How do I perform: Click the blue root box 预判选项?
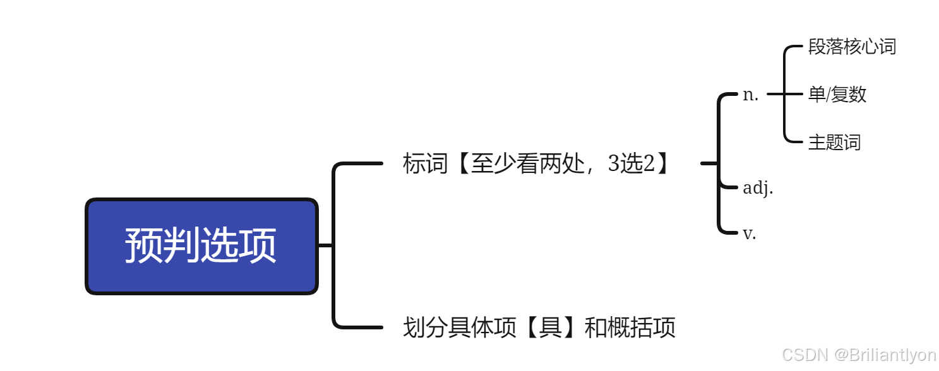pyautogui.click(x=201, y=246)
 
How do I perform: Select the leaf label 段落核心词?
pyautogui.click(x=852, y=47)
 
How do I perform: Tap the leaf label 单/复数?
pyautogui.click(x=837, y=95)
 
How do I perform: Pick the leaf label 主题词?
pyautogui.click(x=834, y=142)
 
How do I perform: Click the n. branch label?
pyautogui.click(x=750, y=95)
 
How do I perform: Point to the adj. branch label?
pyautogui.click(x=758, y=187)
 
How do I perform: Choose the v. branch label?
pyautogui.click(x=750, y=233)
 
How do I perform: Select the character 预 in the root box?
pyautogui.click(x=143, y=246)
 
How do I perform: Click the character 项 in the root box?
pyautogui.click(x=258, y=246)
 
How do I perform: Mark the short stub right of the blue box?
pyautogui.click(x=325, y=245)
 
